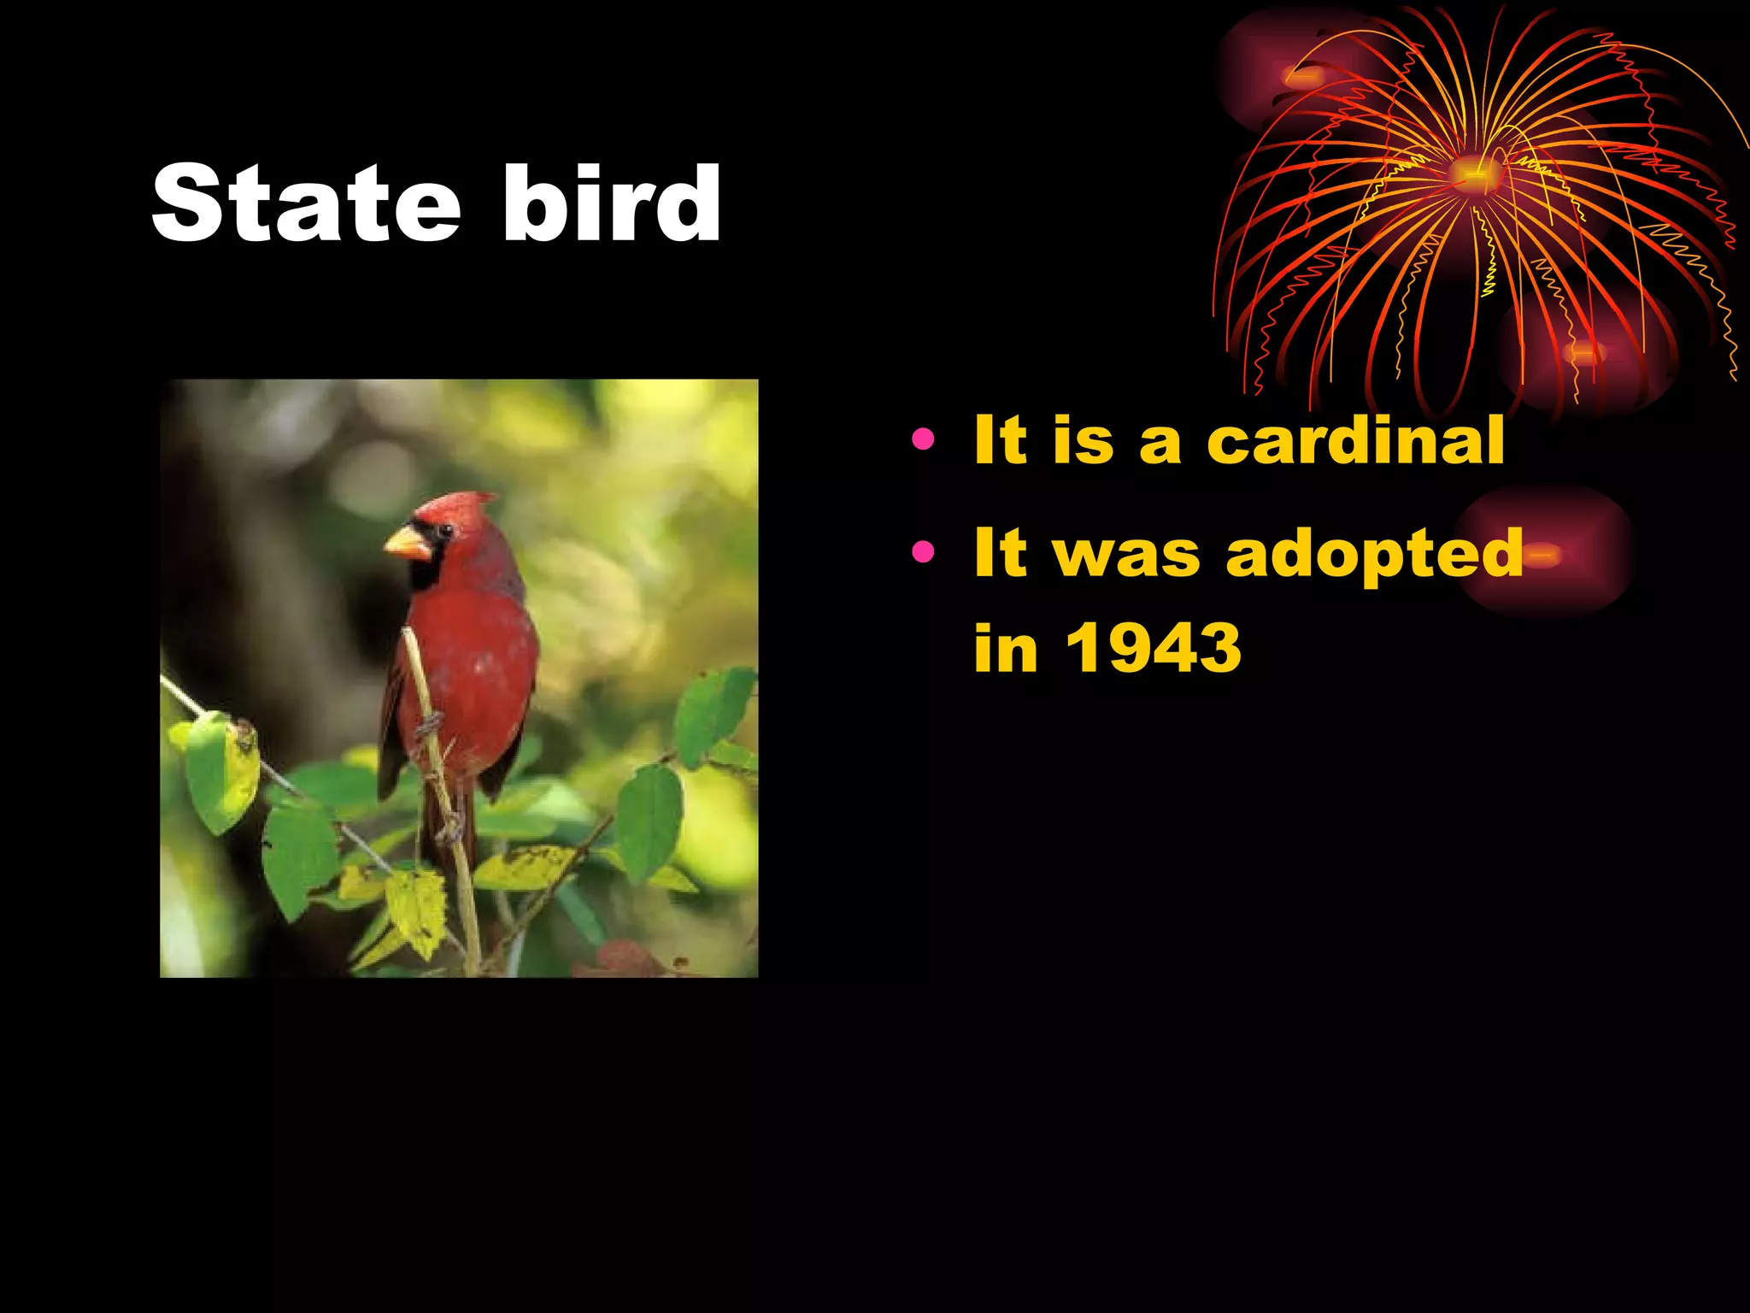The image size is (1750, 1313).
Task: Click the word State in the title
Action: tap(306, 203)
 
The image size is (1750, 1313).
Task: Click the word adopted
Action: tap(1374, 554)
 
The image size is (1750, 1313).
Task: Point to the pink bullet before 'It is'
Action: tap(923, 440)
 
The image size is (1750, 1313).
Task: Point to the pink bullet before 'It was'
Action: tap(923, 552)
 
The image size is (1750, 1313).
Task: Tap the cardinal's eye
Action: tap(443, 531)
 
